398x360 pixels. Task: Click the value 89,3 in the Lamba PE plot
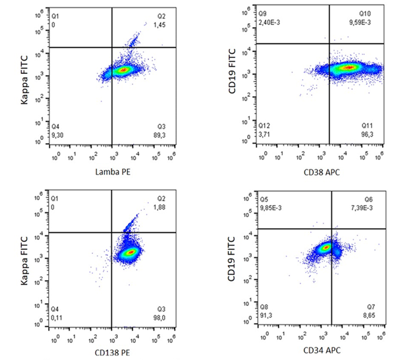click(161, 135)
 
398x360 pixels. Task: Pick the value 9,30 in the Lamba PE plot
click(58, 135)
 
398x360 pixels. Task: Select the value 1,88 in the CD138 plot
click(161, 207)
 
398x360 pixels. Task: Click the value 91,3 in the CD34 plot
click(266, 315)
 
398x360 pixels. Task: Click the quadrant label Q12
click(264, 125)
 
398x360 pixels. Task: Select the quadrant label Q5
click(262, 198)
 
